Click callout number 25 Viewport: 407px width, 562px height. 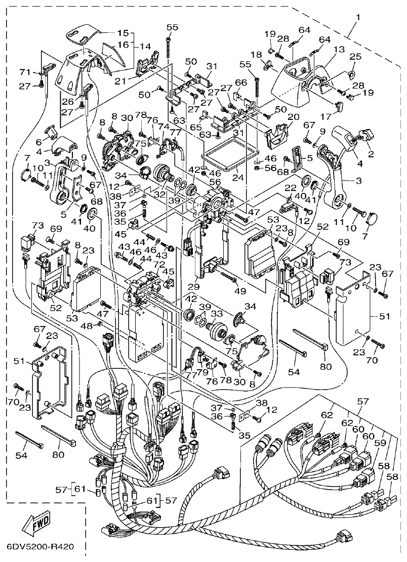tap(355, 57)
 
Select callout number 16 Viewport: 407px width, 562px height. tap(123, 45)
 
